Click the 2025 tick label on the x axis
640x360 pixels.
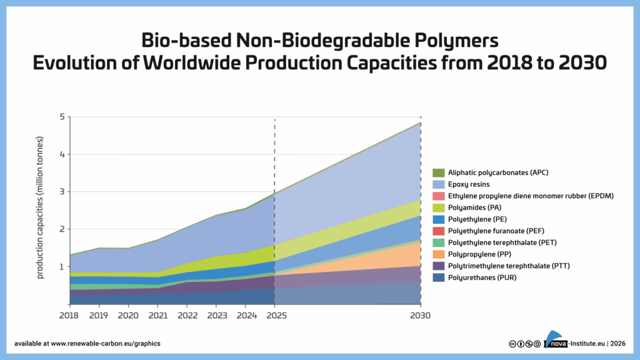click(x=274, y=316)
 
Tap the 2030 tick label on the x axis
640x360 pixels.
click(x=421, y=316)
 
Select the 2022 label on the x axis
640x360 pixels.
click(x=187, y=316)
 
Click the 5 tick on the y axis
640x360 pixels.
click(x=62, y=117)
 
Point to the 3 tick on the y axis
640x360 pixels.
click(x=62, y=192)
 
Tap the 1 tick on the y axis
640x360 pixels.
click(x=62, y=267)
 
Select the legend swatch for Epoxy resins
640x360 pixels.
click(x=438, y=184)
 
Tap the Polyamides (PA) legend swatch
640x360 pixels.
click(x=438, y=207)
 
